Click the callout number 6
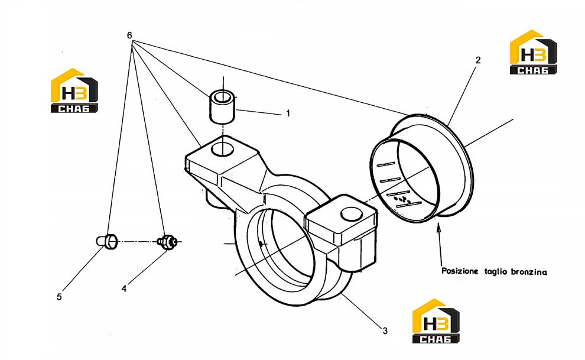pos(129,35)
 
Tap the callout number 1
pos(288,113)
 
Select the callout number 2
pos(478,60)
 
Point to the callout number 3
pos(385,331)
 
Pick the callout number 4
pos(124,288)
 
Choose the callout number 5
pos(59,297)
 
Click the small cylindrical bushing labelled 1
pos(222,106)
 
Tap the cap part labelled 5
pos(107,241)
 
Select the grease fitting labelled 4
pos(167,242)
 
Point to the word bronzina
pos(529,272)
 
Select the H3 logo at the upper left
pos(74,90)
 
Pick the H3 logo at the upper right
pos(533,52)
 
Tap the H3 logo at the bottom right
pos(435,321)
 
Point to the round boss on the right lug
pos(351,214)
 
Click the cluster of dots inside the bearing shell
pos(402,199)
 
